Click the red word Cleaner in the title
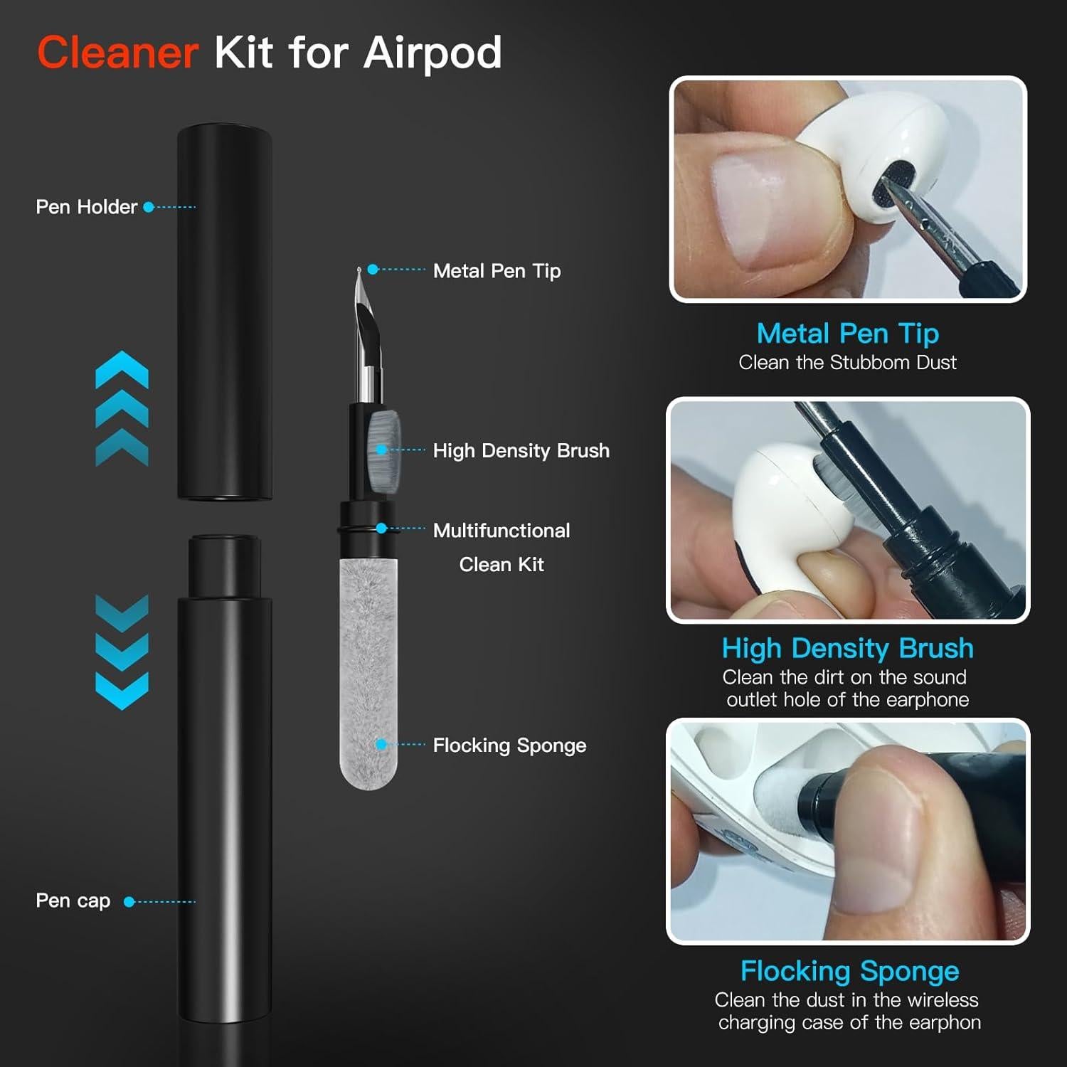pos(117,53)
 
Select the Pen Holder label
pos(86,207)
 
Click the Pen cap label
pos(73,901)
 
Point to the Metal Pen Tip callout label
pos(497,270)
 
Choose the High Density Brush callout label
pos(521,450)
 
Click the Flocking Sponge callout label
pos(509,745)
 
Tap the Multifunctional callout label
pos(501,530)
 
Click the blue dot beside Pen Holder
pos(149,207)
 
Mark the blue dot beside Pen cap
pos(129,901)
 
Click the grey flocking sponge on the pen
pos(368,669)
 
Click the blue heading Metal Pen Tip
pos(847,333)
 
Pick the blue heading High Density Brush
pos(847,648)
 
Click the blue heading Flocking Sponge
pos(849,970)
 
